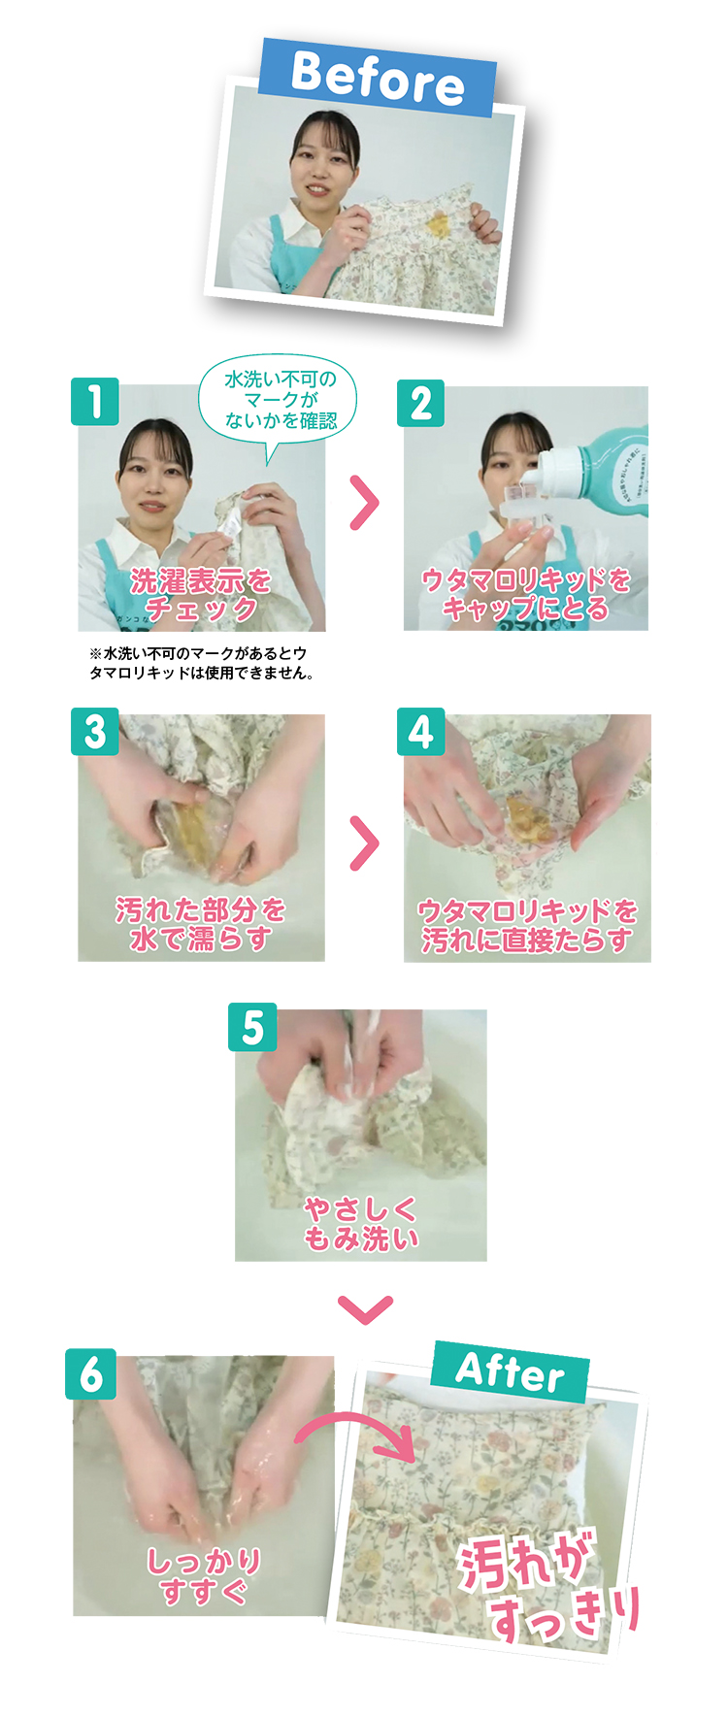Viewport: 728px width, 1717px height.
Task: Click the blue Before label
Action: click(378, 77)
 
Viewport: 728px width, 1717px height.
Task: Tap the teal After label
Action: click(510, 1371)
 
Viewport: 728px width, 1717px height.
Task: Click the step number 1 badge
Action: click(95, 402)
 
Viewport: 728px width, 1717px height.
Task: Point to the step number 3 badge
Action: click(95, 732)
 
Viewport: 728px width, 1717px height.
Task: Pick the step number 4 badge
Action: click(420, 732)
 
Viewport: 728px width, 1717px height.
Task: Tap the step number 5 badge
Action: click(252, 1027)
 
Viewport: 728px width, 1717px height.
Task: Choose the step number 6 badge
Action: click(91, 1373)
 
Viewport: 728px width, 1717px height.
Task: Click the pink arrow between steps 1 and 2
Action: click(364, 503)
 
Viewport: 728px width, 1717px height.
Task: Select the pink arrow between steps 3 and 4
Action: click(364, 843)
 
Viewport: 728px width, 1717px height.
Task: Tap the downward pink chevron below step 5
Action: click(366, 1308)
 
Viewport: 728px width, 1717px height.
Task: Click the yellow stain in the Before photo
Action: click(439, 224)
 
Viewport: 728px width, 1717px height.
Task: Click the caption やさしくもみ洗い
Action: click(361, 1223)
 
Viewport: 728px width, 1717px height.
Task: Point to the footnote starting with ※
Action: click(202, 663)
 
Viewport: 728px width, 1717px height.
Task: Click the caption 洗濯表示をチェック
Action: click(201, 594)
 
